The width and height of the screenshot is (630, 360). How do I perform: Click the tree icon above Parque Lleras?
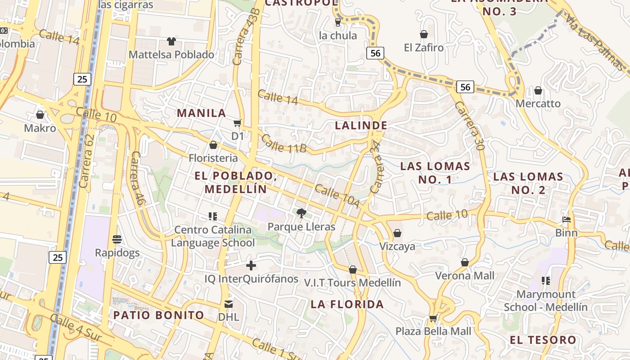click(x=301, y=213)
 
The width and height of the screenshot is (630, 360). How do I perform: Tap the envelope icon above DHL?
click(x=229, y=304)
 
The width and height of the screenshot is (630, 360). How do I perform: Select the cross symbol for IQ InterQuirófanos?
click(x=251, y=265)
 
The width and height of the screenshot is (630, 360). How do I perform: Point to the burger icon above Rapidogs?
click(x=117, y=239)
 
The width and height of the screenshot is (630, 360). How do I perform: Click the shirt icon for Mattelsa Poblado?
click(x=171, y=41)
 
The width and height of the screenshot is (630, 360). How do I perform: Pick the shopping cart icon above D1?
click(x=237, y=123)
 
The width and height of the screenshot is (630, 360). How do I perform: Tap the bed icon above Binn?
click(x=567, y=220)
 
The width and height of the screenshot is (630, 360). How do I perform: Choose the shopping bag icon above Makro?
click(x=40, y=115)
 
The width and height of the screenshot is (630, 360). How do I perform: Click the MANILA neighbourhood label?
click(x=202, y=113)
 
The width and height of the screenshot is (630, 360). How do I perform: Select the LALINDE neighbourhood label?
click(x=361, y=126)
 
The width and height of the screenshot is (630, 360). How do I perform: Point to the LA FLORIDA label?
click(x=347, y=304)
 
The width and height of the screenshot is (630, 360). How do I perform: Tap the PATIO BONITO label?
click(x=158, y=315)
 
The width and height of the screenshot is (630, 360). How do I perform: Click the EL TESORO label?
click(x=543, y=340)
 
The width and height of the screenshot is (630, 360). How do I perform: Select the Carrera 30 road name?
click(x=469, y=126)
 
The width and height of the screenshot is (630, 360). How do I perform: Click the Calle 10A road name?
click(x=337, y=196)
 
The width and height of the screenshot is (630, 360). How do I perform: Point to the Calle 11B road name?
click(x=283, y=144)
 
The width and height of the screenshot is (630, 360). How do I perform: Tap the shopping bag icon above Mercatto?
click(x=538, y=90)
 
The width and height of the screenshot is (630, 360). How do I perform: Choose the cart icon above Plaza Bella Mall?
click(x=433, y=318)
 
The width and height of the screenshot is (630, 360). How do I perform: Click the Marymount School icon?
click(x=546, y=281)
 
